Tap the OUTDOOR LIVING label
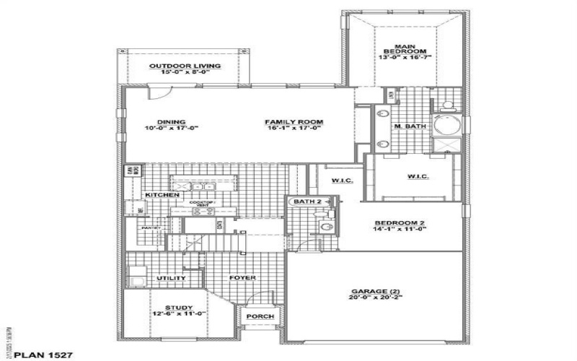click(x=185, y=66)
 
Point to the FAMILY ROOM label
click(x=294, y=121)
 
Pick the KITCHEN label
click(x=162, y=195)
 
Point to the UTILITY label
click(x=172, y=278)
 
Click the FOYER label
click(x=243, y=278)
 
